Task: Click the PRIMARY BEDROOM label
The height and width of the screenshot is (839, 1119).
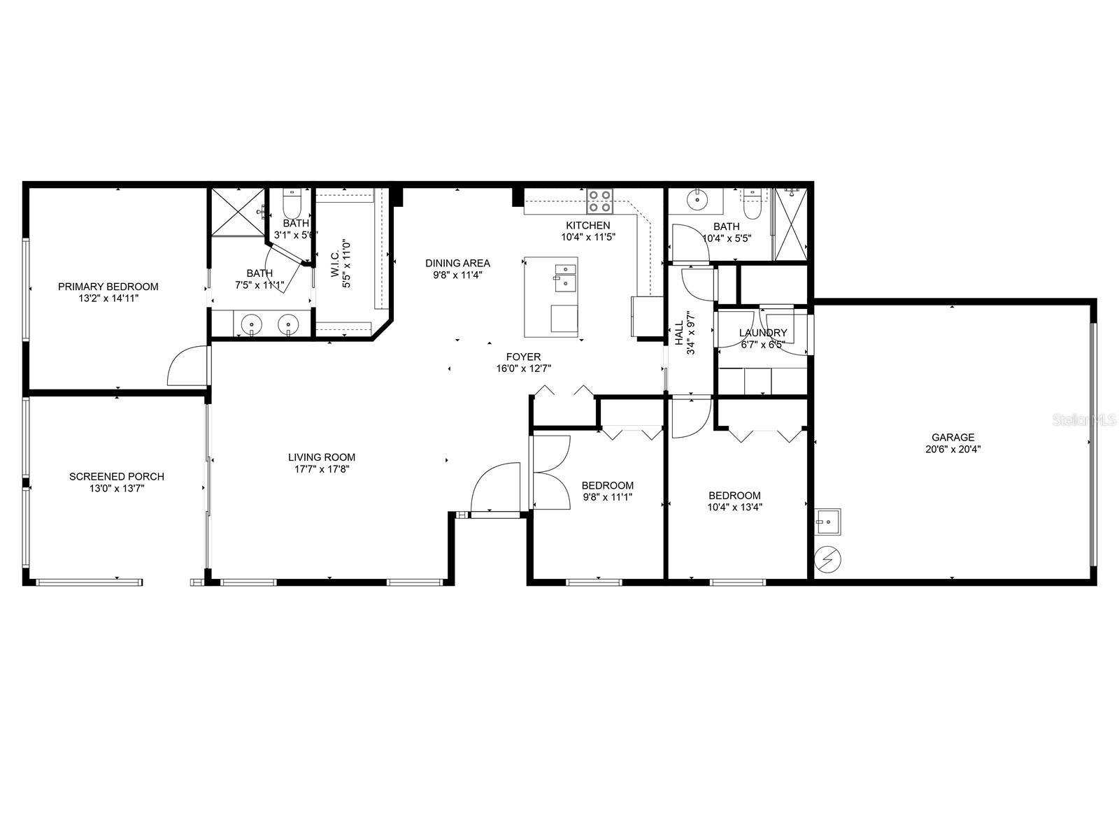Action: [x=108, y=287]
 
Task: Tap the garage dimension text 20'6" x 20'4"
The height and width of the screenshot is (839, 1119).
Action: [x=953, y=450]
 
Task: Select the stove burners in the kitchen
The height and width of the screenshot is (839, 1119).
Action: [x=599, y=201]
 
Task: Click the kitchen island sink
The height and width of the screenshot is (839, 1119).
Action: [x=564, y=278]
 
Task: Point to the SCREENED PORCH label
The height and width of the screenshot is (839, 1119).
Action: [x=117, y=477]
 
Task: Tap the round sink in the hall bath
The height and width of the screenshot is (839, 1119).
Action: [x=697, y=199]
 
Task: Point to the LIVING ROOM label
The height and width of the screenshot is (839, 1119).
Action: [x=322, y=458]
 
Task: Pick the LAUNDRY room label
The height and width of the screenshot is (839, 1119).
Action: [x=762, y=333]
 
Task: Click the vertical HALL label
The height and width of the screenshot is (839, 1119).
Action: [x=678, y=333]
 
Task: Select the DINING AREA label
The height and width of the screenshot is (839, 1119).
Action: [x=457, y=264]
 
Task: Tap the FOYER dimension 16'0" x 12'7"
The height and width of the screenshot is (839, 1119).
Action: [x=523, y=368]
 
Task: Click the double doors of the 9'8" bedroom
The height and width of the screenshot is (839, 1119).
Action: [x=551, y=473]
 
